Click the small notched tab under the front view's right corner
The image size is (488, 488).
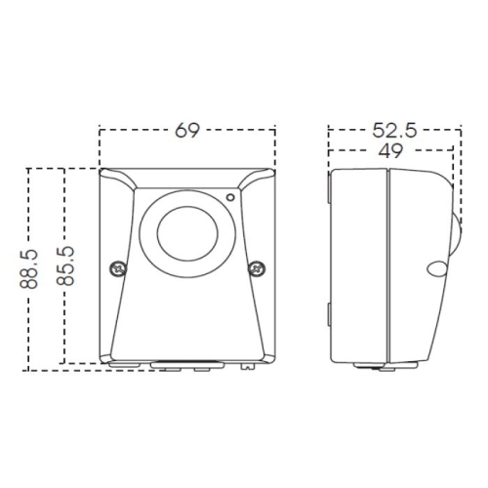pyautogui.click(x=247, y=368)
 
